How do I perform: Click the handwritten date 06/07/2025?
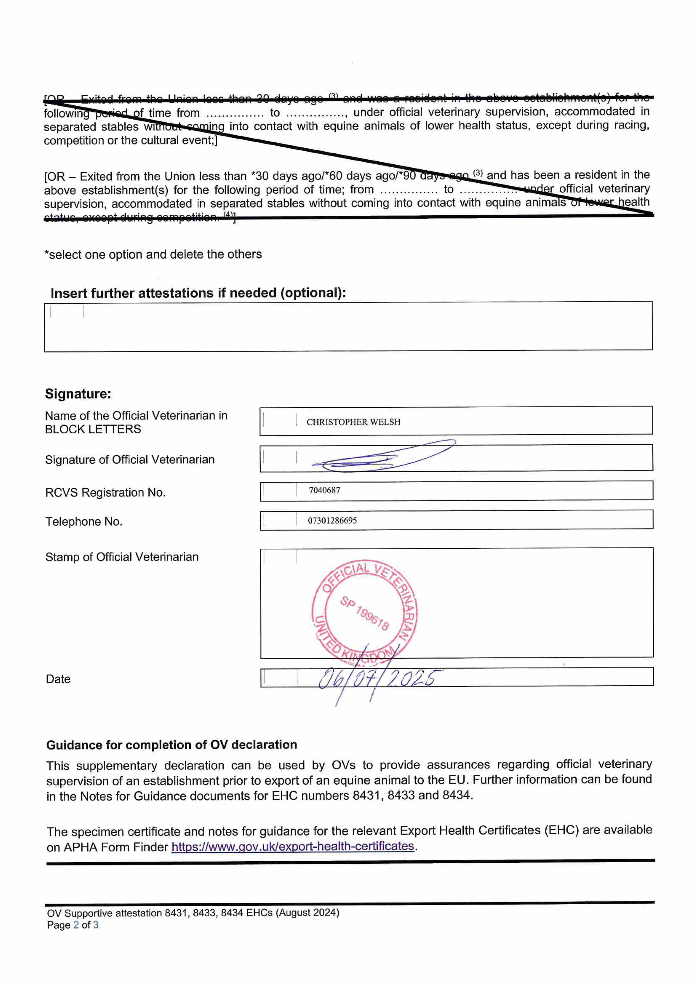click(379, 679)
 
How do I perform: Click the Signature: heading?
click(78, 394)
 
